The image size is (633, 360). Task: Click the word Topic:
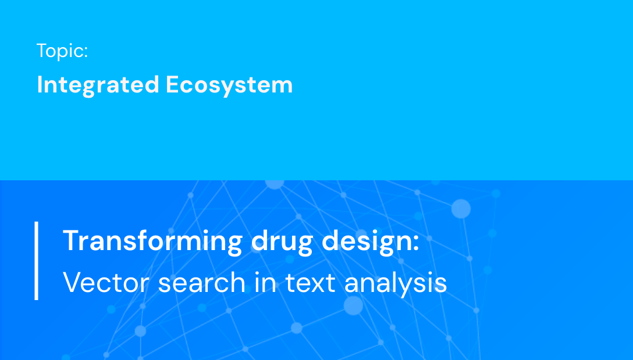click(x=62, y=51)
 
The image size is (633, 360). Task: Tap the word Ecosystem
click(x=229, y=85)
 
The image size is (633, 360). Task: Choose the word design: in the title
click(x=370, y=241)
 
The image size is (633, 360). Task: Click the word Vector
click(x=105, y=283)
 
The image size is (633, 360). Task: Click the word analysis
click(x=396, y=283)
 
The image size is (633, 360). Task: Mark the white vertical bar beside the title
click(x=36, y=261)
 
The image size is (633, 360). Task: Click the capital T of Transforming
click(x=70, y=241)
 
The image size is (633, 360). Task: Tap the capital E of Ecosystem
click(x=172, y=85)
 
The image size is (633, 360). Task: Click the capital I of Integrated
click(x=40, y=85)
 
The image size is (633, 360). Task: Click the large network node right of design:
click(x=461, y=208)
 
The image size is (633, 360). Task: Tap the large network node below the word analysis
click(x=353, y=305)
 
